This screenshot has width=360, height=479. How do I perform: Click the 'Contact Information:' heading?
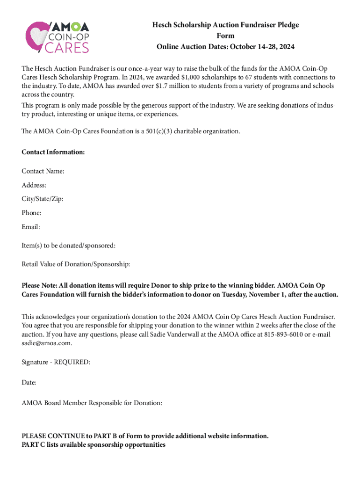(x=53, y=152)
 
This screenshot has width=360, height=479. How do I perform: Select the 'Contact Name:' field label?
(x=43, y=171)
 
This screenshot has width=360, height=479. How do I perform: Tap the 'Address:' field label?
(x=34, y=185)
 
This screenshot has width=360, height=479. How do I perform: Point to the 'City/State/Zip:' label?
(x=43, y=199)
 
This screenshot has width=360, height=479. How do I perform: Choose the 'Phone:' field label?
(x=32, y=213)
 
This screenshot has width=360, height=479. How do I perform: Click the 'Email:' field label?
(x=31, y=227)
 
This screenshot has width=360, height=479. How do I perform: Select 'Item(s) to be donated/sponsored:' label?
(x=68, y=245)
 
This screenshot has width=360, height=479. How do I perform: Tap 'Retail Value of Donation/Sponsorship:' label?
(x=76, y=264)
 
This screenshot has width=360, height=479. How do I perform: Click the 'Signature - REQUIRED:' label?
(x=56, y=362)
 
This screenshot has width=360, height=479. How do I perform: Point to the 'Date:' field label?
(x=29, y=382)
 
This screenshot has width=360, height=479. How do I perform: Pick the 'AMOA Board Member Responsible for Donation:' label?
(x=92, y=402)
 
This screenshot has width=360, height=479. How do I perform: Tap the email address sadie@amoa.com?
(x=47, y=343)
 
